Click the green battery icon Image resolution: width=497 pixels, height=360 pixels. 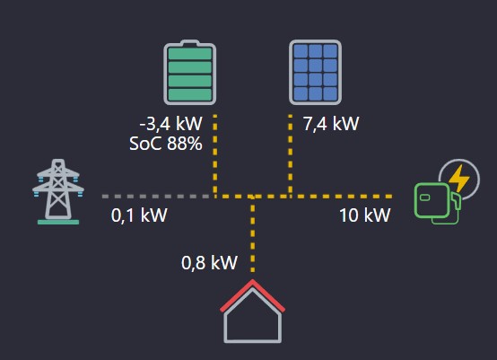pyautogui.click(x=189, y=73)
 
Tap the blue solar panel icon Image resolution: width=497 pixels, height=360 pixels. pyautogui.click(x=315, y=73)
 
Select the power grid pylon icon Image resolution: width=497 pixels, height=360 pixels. pyautogui.click(x=58, y=191)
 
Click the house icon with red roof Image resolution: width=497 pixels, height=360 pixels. pyautogui.click(x=253, y=312)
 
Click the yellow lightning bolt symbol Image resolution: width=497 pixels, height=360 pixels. pyautogui.click(x=459, y=179)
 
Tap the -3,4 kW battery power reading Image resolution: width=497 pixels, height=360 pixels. pyautogui.click(x=170, y=123)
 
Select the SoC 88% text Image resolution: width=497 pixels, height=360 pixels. pyautogui.click(x=166, y=144)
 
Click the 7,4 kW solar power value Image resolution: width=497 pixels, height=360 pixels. pyautogui.click(x=331, y=123)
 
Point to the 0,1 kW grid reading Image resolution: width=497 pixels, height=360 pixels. pyautogui.click(x=139, y=215)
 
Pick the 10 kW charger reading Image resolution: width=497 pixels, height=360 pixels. pyautogui.click(x=365, y=215)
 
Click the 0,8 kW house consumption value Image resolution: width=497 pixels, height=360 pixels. pyautogui.click(x=209, y=263)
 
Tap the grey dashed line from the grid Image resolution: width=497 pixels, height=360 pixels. pyautogui.click(x=155, y=197)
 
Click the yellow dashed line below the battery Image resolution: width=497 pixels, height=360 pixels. pyautogui.click(x=215, y=154)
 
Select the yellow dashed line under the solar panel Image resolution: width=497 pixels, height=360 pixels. pyautogui.click(x=291, y=154)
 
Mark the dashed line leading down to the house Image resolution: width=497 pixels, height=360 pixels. pyautogui.click(x=253, y=234)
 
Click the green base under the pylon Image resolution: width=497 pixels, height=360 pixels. pyautogui.click(x=58, y=223)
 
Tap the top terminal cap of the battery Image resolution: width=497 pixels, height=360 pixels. pyautogui.click(x=189, y=42)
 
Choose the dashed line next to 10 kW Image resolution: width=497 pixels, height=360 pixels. pyautogui.click(x=343, y=197)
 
